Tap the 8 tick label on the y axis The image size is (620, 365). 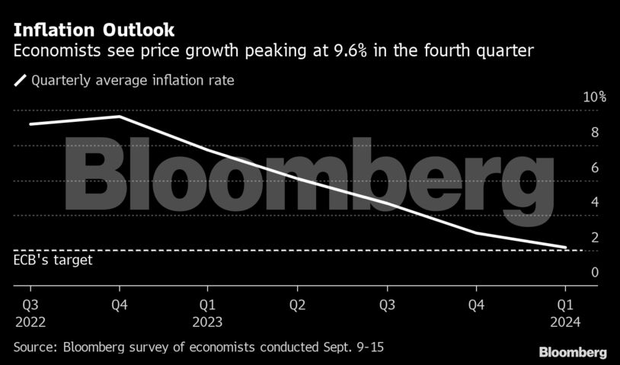click(x=574, y=133)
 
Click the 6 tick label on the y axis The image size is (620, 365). click(x=574, y=168)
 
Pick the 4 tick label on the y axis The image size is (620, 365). click(x=574, y=203)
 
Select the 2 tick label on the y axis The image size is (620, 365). click(x=574, y=238)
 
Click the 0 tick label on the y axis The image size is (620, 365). click(x=574, y=273)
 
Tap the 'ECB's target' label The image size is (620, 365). click(x=53, y=260)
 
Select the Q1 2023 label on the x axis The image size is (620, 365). click(x=208, y=313)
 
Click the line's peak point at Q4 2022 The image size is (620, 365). click(x=120, y=117)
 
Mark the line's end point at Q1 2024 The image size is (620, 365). click(x=564, y=247)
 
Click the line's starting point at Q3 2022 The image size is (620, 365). click(x=30, y=123)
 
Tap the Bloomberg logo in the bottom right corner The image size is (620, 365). click(x=573, y=353)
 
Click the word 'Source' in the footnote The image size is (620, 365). click(x=35, y=347)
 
